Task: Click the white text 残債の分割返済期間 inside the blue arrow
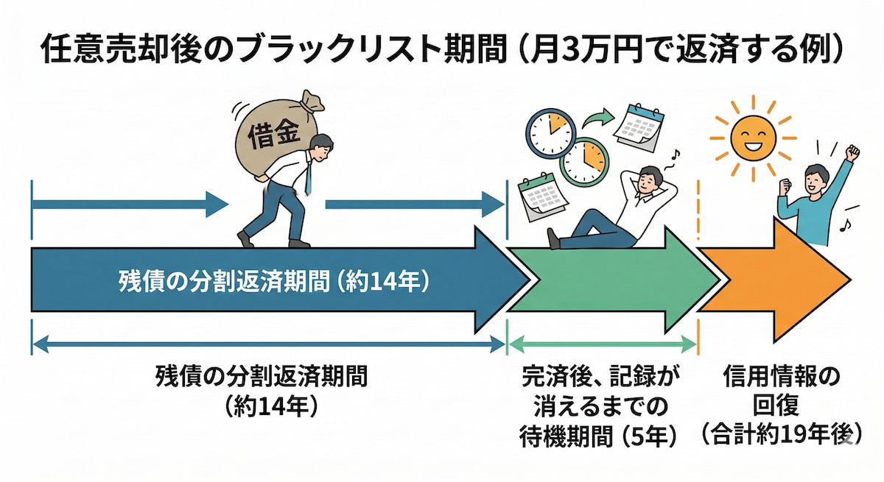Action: [x=273, y=283]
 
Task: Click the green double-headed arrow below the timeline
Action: [x=602, y=342]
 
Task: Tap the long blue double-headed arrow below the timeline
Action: [x=269, y=342]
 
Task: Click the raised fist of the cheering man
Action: [x=853, y=154]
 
